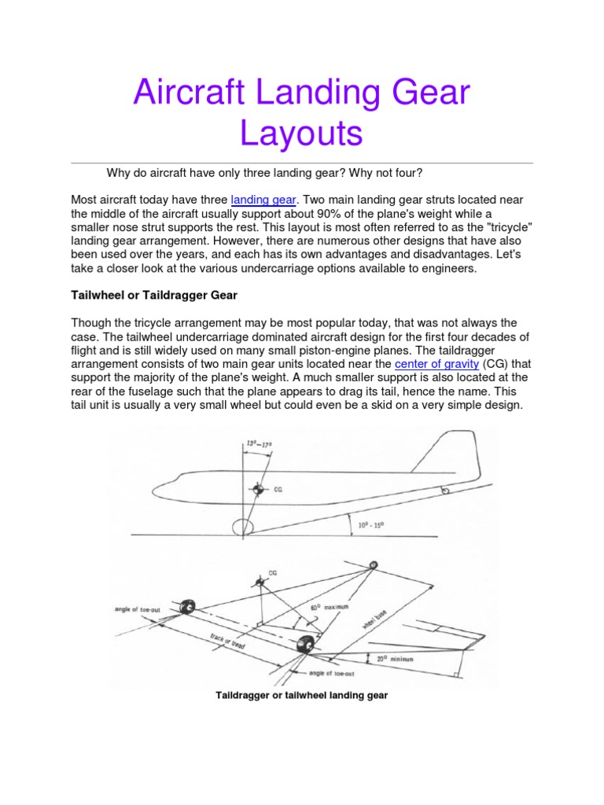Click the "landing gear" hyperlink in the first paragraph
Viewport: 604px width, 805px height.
coord(263,200)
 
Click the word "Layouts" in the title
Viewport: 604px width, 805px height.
coord(301,134)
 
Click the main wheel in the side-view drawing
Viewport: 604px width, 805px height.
coord(243,527)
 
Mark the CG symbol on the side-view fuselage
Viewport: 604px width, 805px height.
coord(257,490)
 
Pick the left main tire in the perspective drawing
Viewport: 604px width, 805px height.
coord(188,608)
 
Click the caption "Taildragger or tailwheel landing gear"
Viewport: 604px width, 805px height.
coord(301,696)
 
